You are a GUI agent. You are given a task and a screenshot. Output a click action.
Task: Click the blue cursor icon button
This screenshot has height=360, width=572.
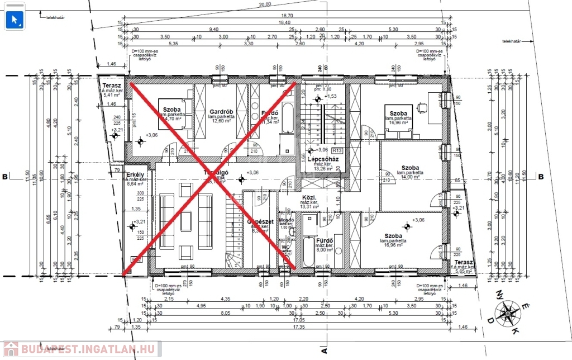pos(15,18)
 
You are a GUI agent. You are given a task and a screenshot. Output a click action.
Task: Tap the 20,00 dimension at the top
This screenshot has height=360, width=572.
pos(265,4)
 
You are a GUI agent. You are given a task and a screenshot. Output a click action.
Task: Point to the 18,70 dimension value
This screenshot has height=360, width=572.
pos(287,16)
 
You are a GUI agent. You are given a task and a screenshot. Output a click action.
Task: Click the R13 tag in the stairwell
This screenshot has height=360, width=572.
pos(337,150)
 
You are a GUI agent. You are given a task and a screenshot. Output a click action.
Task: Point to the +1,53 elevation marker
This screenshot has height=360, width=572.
pos(332,97)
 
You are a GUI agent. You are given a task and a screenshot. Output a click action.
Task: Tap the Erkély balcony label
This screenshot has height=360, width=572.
pos(136,175)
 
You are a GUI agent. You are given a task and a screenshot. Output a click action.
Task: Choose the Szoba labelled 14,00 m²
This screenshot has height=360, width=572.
pos(410,167)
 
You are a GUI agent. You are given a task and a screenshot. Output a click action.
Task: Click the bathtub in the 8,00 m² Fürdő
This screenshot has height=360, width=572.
pos(308,252)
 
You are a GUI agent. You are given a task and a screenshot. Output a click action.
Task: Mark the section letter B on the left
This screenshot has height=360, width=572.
pos(5,177)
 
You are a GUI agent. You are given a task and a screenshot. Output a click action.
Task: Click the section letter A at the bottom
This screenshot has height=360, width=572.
pos(323,351)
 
